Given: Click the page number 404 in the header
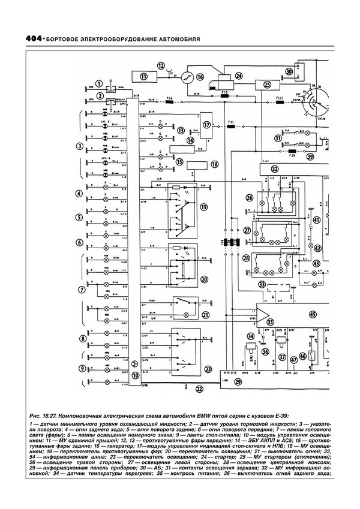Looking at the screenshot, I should [x=22, y=40].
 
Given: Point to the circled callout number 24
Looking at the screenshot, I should [x=239, y=76].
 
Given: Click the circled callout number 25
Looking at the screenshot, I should [x=268, y=85].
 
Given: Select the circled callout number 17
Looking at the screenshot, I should [x=208, y=125].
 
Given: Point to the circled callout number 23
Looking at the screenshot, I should [x=208, y=369].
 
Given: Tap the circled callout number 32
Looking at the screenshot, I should [x=274, y=169].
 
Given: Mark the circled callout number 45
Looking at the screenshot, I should [x=311, y=314].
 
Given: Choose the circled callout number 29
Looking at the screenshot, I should [x=238, y=382].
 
